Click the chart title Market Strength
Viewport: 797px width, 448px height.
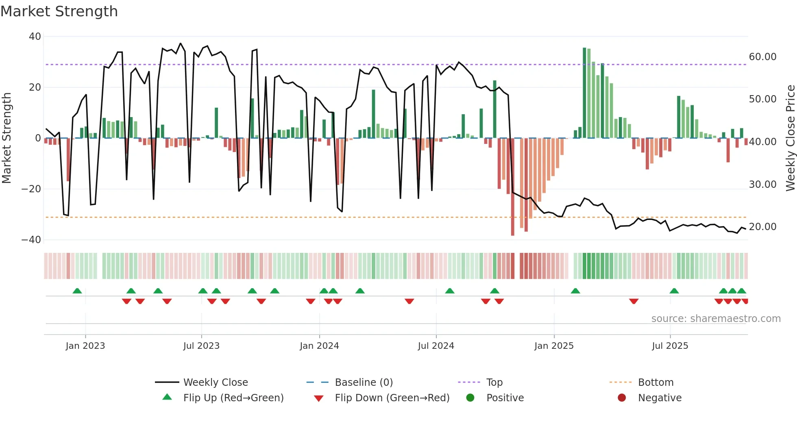pos(59,11)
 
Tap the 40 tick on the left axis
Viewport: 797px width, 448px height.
pos(35,37)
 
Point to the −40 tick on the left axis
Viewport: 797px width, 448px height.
pos(31,240)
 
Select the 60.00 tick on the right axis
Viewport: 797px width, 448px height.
pos(762,57)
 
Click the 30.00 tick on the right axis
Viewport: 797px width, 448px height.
pos(762,185)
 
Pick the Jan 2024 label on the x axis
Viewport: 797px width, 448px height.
pos(319,346)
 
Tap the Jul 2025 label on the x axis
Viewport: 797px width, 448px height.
pos(670,346)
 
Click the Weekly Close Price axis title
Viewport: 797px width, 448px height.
pos(790,138)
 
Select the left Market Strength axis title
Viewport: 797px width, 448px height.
pos(7,138)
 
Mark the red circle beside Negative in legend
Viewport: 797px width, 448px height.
pos(622,398)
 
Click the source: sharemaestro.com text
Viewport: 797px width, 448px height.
pos(716,319)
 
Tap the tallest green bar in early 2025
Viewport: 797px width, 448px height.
pos(584,93)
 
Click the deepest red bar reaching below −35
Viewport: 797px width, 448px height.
pos(512,187)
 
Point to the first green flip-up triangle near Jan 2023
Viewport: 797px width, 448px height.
pos(77,291)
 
